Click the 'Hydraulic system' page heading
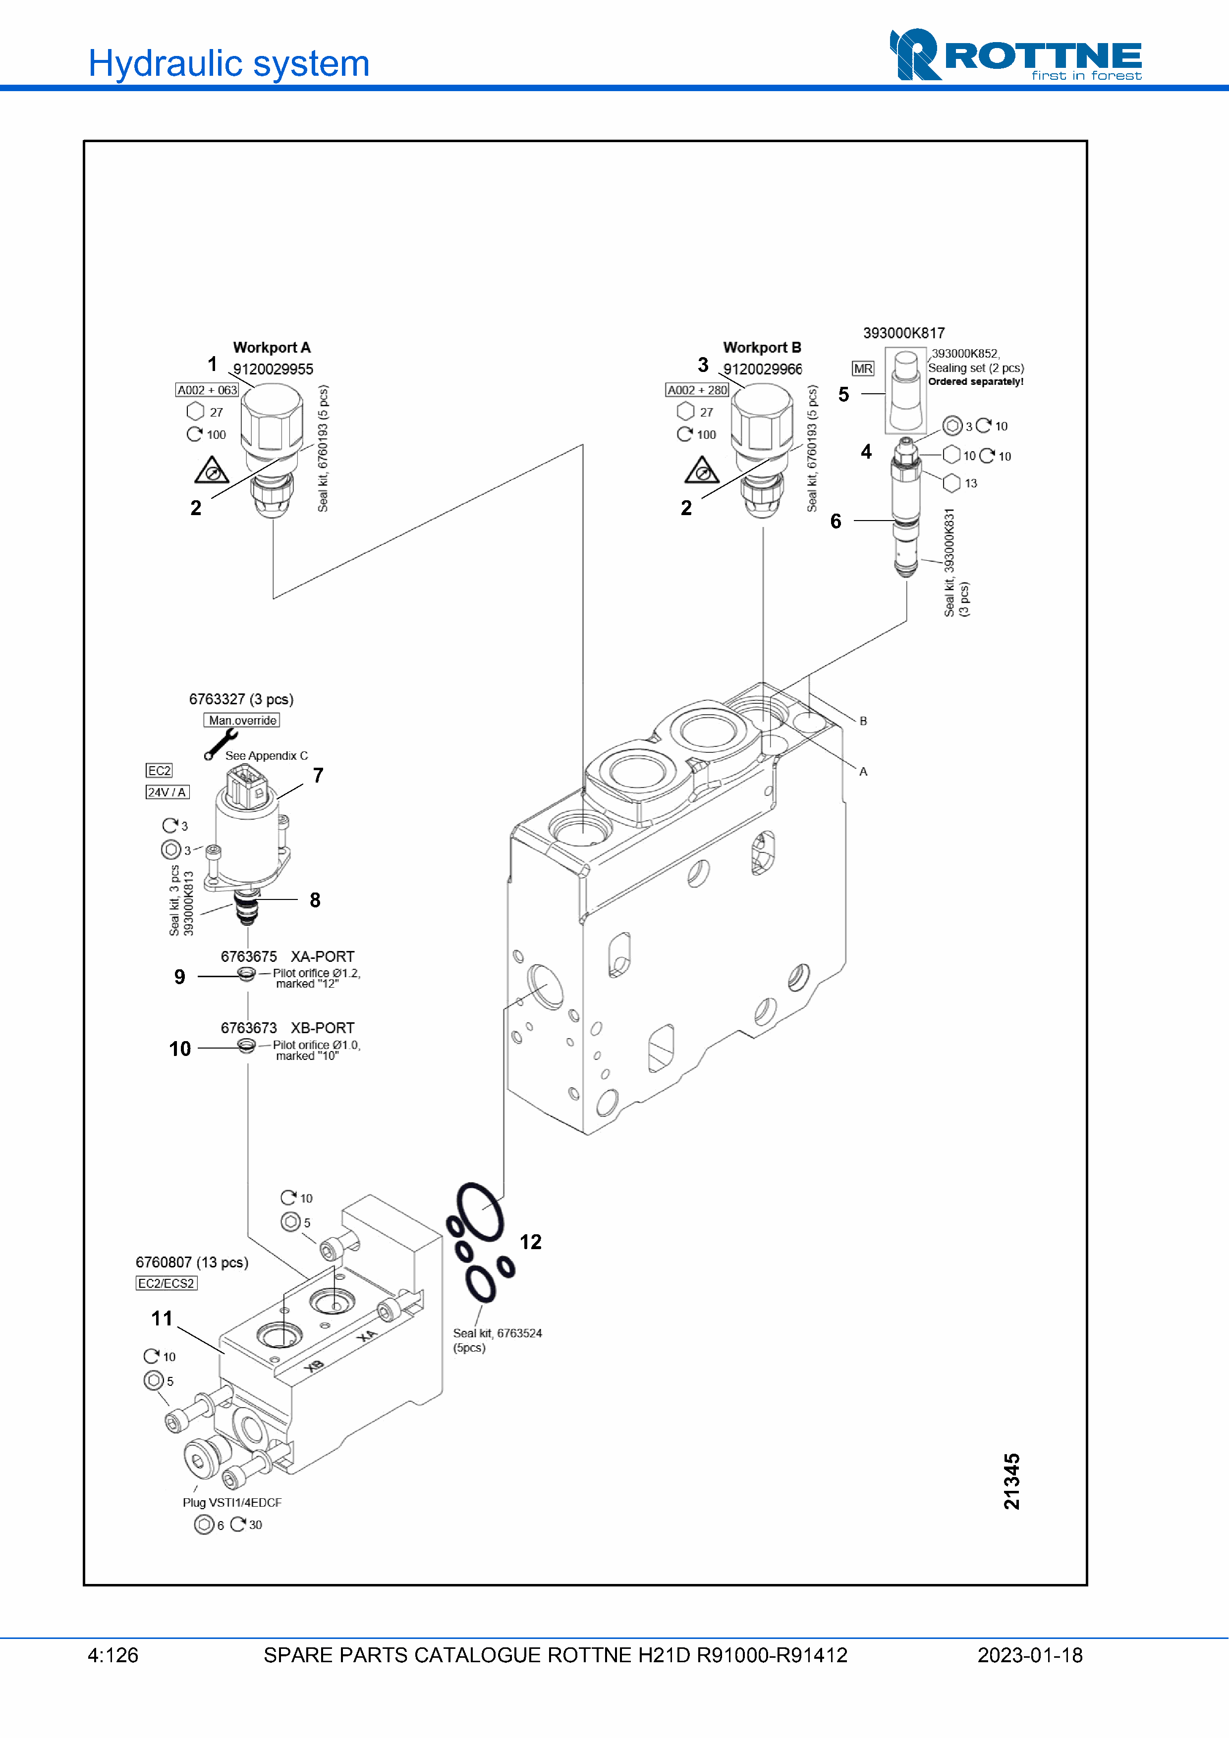click(228, 63)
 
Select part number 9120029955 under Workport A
click(273, 369)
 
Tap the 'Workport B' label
click(762, 347)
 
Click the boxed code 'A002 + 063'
click(207, 390)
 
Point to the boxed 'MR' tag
click(863, 369)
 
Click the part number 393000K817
click(904, 333)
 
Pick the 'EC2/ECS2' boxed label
click(167, 1283)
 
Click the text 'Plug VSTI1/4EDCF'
click(232, 1503)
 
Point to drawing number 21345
click(1011, 1481)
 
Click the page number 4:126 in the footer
click(113, 1655)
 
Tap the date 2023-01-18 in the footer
click(1030, 1655)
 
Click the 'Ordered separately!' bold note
click(976, 381)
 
